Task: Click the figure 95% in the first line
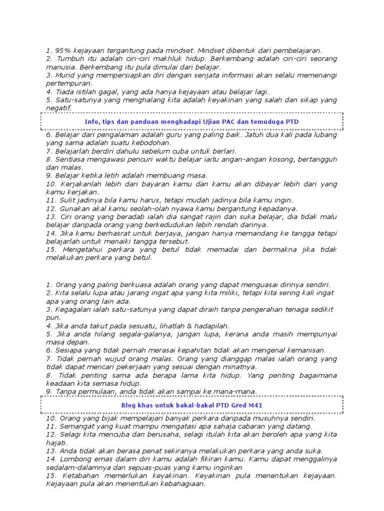pyautogui.click(x=61, y=50)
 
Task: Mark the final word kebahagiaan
pyautogui.click(x=181, y=484)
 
